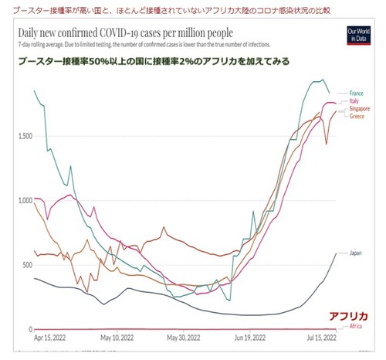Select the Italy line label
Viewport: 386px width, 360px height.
[x=354, y=101]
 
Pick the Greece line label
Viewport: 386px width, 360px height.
[x=356, y=116]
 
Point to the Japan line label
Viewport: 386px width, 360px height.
[x=355, y=253]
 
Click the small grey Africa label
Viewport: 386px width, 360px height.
[x=355, y=327]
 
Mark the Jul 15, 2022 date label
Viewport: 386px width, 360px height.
[x=318, y=338]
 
